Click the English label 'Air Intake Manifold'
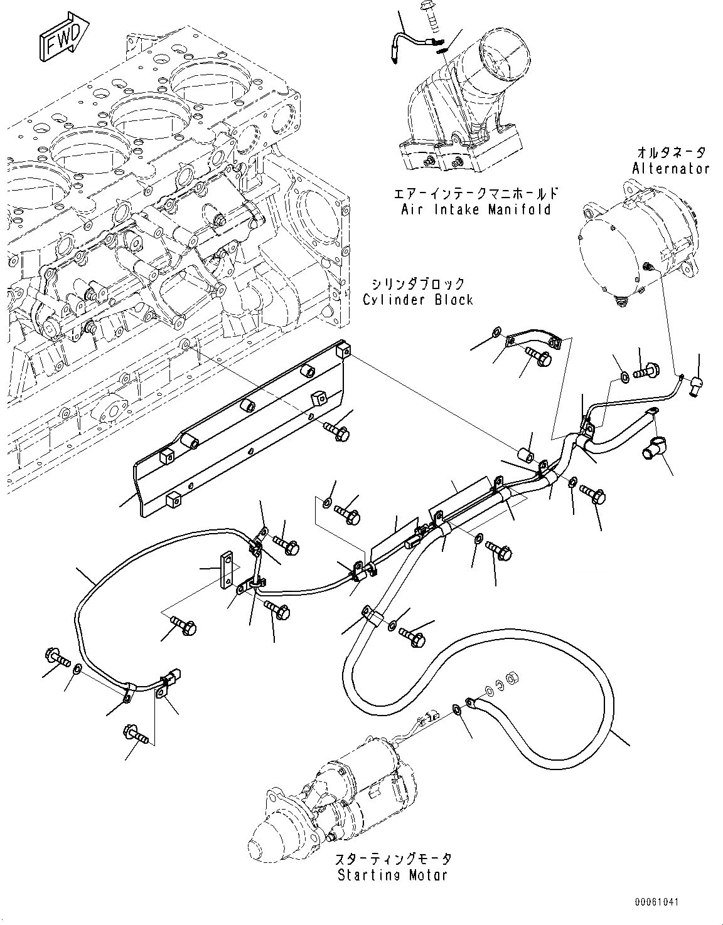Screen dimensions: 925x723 click(476, 209)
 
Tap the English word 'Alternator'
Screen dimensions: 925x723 click(670, 168)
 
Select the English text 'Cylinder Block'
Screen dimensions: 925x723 click(417, 300)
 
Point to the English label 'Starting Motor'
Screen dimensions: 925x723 click(393, 875)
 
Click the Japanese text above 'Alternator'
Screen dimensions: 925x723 click(671, 152)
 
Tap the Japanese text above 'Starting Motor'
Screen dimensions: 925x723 click(393, 859)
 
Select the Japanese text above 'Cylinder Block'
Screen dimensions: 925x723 click(418, 284)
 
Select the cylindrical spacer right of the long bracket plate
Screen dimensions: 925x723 click(526, 455)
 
